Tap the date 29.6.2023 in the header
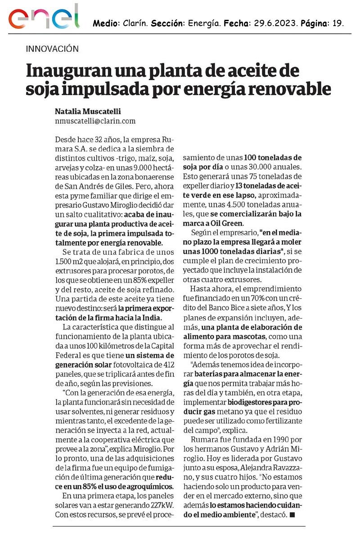point(275,23)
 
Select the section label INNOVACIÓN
point(52,49)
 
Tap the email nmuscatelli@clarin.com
point(95,121)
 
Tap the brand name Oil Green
point(229,224)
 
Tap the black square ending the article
point(292,514)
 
